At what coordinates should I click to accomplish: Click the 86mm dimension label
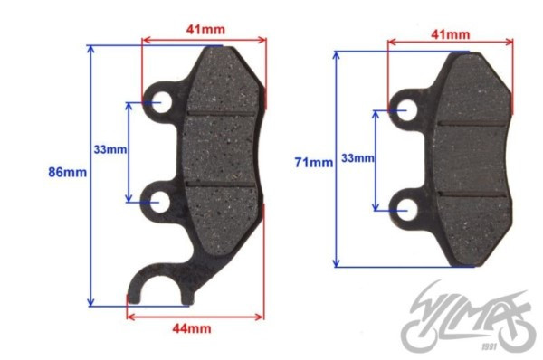[68, 172]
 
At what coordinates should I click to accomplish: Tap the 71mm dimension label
[314, 162]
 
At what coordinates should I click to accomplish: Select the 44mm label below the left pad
[192, 328]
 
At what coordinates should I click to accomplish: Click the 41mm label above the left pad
[205, 30]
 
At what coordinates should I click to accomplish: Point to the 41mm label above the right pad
[451, 34]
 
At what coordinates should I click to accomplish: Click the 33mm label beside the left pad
[110, 150]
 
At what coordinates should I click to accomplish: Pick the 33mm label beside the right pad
[357, 158]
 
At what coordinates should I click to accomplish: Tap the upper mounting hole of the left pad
[161, 102]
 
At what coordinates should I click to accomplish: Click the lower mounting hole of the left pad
[159, 202]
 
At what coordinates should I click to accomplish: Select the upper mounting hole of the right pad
[406, 110]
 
